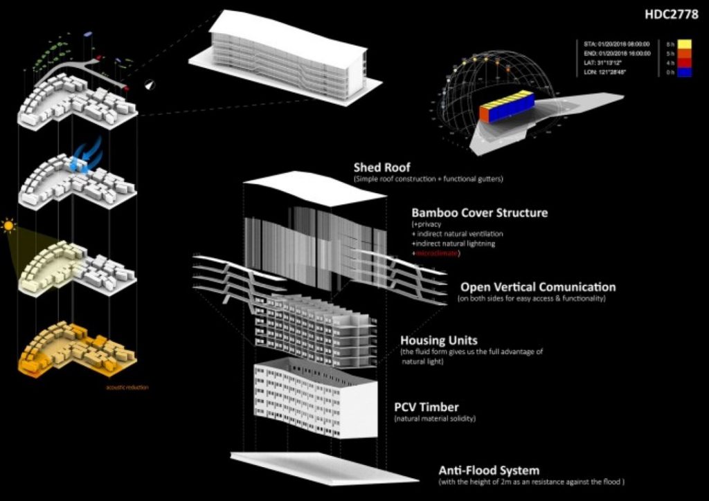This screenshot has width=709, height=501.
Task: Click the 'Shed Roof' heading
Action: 382,167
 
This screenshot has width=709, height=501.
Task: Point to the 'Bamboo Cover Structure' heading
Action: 479,212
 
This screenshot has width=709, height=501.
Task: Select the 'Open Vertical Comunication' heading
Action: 537,286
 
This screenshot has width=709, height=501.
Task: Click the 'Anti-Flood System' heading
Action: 489,471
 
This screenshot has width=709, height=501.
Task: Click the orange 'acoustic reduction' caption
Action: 127,387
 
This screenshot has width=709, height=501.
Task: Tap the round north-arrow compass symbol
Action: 151,84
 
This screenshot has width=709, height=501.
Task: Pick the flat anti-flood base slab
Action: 324,468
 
